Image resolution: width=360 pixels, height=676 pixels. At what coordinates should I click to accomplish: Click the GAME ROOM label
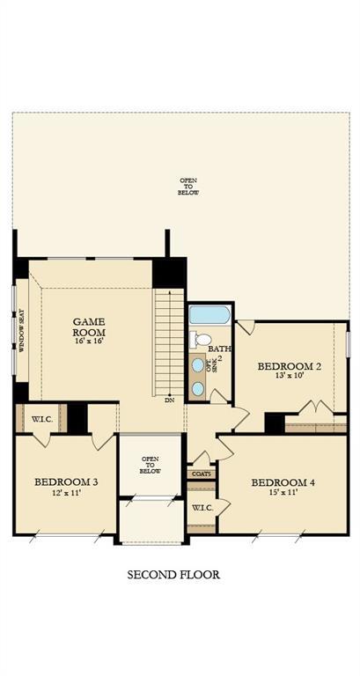pyautogui.click(x=89, y=327)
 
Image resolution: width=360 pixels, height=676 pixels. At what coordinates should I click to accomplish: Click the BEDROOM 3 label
pyautogui.click(x=66, y=481)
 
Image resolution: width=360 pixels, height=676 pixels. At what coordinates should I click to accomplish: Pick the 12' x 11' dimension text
pyautogui.click(x=66, y=494)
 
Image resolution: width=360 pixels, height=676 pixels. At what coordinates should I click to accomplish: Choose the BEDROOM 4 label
pyautogui.click(x=283, y=482)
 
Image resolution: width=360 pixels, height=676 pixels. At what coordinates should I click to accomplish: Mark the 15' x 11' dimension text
pyautogui.click(x=283, y=494)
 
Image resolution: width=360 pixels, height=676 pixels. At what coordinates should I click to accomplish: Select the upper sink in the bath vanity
pyautogui.click(x=198, y=364)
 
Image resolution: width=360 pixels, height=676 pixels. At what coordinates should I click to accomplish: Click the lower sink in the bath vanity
pyautogui.click(x=198, y=387)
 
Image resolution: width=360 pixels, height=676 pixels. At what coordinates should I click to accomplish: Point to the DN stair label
pyautogui.click(x=169, y=400)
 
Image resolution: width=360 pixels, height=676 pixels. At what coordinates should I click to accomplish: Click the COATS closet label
pyautogui.click(x=200, y=474)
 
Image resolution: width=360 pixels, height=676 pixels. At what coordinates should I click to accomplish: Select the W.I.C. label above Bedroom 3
pyautogui.click(x=41, y=419)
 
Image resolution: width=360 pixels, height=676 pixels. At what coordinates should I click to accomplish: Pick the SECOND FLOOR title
pyautogui.click(x=173, y=575)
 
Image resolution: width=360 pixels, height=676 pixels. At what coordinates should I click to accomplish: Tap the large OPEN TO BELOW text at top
pyautogui.click(x=188, y=186)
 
